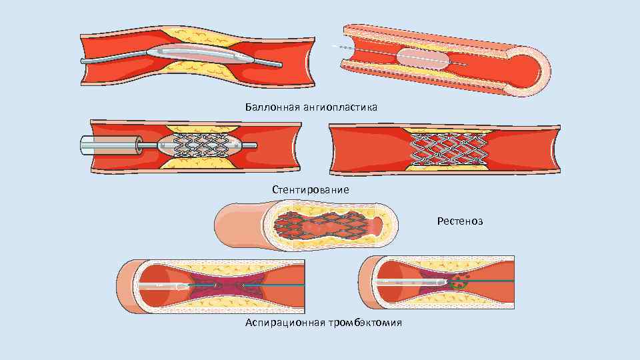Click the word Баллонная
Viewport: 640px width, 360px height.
(265, 107)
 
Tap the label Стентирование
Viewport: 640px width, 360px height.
(310, 189)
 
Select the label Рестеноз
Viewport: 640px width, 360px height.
(460, 221)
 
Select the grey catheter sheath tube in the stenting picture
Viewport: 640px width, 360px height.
(110, 145)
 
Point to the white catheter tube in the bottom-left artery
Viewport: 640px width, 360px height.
(160, 286)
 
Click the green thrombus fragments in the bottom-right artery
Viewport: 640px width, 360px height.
(460, 281)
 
